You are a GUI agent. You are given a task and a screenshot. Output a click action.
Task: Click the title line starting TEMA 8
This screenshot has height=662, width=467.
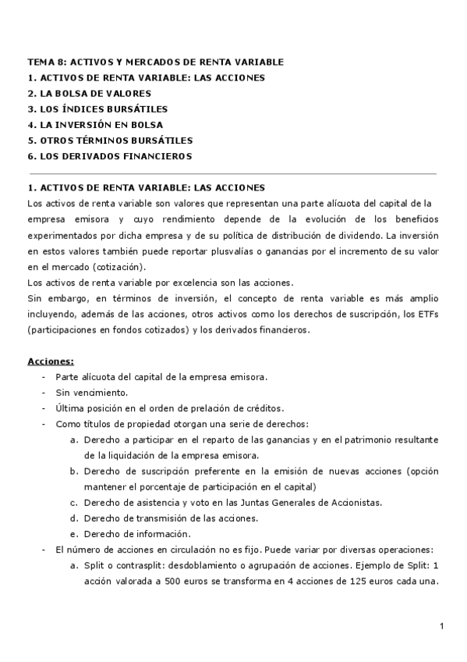click(155, 62)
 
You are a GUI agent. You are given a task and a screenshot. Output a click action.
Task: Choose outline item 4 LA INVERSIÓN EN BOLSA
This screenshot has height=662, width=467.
click(95, 124)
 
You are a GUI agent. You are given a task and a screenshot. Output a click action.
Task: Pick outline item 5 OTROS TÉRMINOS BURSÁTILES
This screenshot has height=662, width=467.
click(109, 140)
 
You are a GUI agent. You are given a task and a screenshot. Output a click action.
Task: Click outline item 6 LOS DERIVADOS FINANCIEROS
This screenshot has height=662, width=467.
click(109, 156)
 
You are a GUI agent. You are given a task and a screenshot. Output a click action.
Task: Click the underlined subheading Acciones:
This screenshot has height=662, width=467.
click(51, 361)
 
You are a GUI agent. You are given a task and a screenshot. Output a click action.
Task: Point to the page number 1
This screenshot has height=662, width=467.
click(441, 626)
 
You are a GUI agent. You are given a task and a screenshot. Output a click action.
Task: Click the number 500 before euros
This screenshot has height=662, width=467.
click(161, 581)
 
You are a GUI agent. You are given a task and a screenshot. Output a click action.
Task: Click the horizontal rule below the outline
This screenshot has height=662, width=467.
click(232, 173)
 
